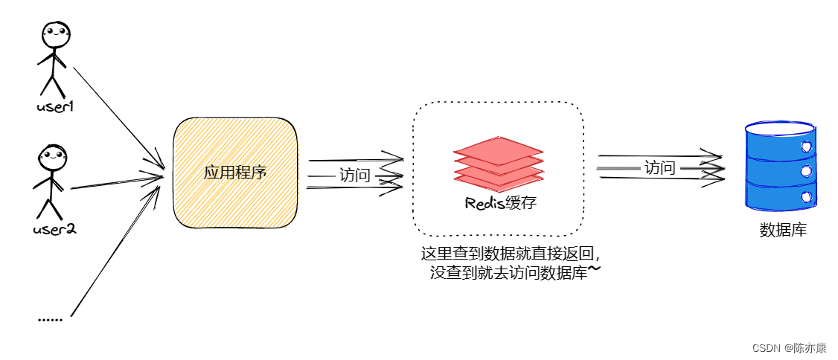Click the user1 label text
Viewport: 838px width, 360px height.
[55, 106]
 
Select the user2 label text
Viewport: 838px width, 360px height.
[54, 228]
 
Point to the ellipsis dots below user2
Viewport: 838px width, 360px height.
[50, 318]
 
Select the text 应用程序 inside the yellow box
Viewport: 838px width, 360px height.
[235, 173]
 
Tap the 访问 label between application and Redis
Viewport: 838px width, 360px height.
[355, 176]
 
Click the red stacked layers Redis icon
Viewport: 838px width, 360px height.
[498, 164]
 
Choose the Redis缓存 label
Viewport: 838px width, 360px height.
[499, 204]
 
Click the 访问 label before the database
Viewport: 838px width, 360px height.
[659, 167]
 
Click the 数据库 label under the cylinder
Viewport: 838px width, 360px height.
[782, 230]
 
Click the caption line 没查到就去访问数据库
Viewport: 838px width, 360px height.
[508, 272]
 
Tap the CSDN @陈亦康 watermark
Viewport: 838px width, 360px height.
[789, 348]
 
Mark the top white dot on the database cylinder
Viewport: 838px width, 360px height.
[805, 147]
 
